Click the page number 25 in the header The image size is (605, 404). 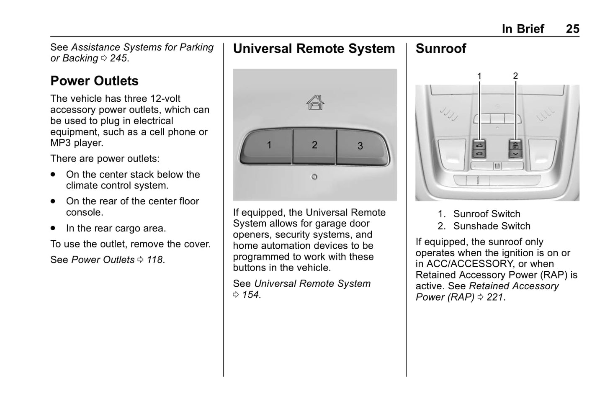click(572, 28)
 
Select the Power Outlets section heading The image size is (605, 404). click(94, 81)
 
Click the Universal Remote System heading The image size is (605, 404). click(314, 49)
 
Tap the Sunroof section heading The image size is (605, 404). click(440, 49)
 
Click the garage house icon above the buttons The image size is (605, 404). click(315, 102)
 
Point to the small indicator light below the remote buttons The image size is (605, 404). click(314, 177)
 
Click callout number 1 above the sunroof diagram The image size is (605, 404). click(479, 76)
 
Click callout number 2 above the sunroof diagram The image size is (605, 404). click(515, 76)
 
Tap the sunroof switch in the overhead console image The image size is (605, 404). click(479, 149)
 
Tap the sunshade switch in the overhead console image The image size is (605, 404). click(515, 149)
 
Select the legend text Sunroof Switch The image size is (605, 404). click(487, 214)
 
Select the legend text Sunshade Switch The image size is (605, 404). click(492, 226)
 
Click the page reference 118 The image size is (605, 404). click(154, 260)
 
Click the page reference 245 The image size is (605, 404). click(118, 58)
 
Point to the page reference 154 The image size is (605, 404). click(250, 295)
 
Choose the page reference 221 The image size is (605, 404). click(495, 297)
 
